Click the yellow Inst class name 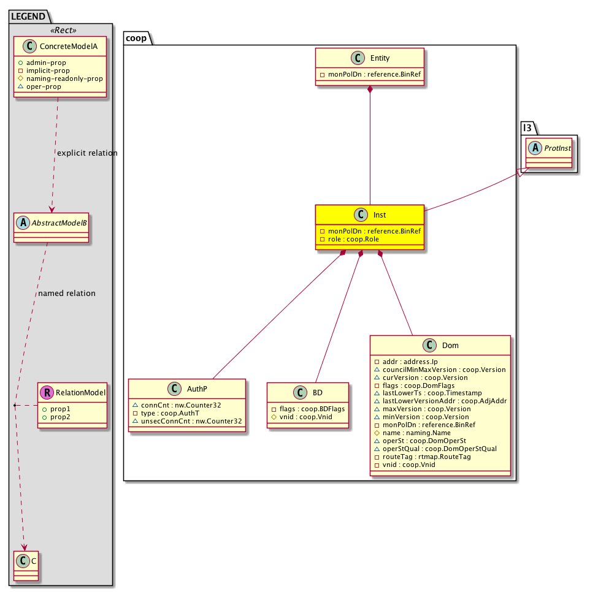click(380, 215)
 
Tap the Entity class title click(380, 58)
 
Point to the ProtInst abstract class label click(555, 148)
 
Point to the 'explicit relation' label click(86, 153)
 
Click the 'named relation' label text click(67, 294)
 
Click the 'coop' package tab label click(137, 38)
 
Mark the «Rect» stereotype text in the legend click(61, 29)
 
